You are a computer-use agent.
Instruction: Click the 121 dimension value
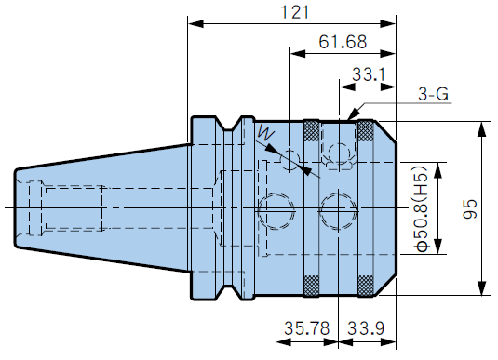(295, 12)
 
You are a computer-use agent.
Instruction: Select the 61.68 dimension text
(343, 42)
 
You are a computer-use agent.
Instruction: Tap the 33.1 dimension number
(368, 75)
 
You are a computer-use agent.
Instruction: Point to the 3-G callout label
(433, 94)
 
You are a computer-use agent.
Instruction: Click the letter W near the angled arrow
(265, 132)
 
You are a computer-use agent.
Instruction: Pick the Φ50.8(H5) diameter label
(423, 208)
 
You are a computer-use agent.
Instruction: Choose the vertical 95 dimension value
(470, 208)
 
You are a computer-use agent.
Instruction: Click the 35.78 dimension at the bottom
(306, 328)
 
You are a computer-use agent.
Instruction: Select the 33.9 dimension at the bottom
(366, 328)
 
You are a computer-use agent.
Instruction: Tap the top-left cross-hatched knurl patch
(312, 130)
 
